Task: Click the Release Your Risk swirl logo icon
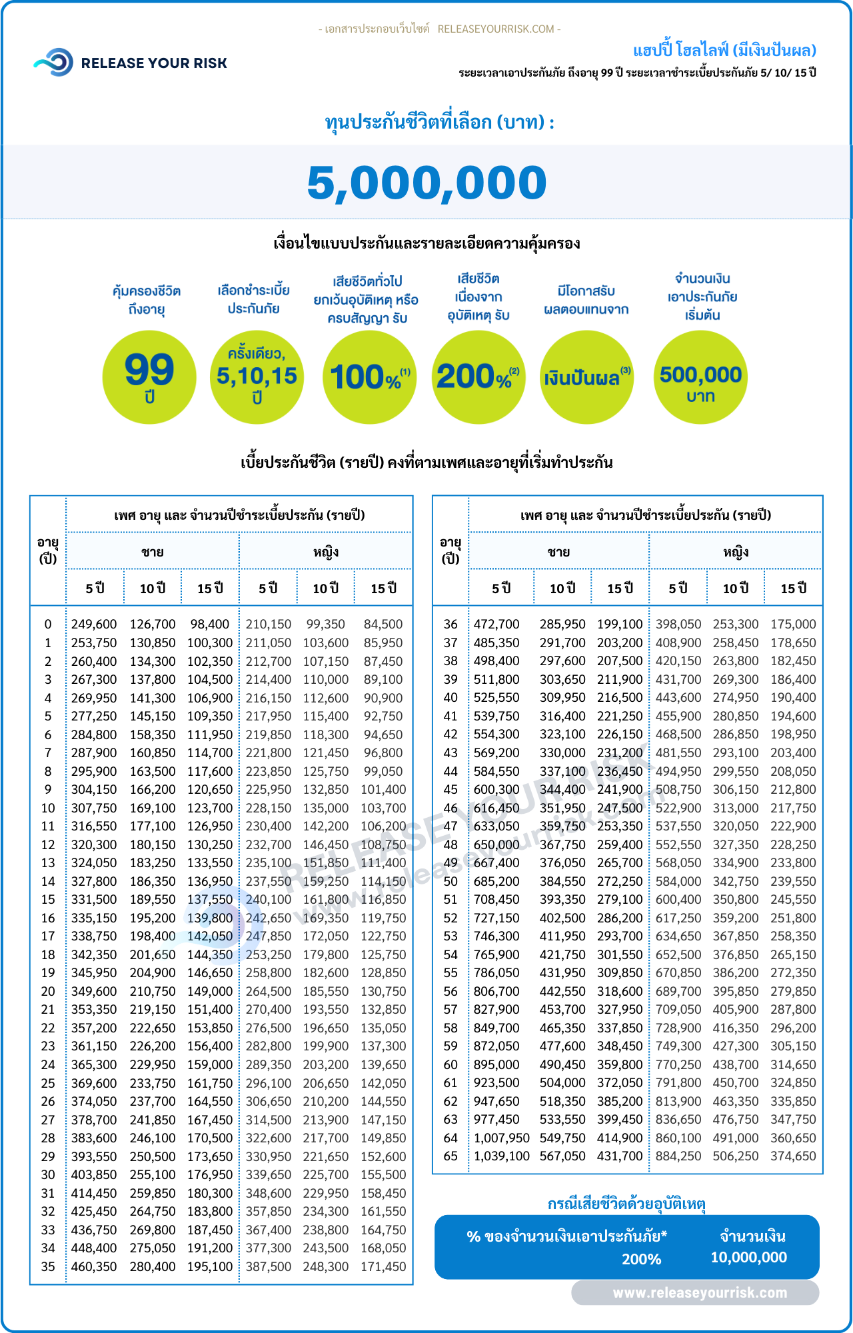pos(53,62)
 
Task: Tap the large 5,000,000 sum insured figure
pos(426,183)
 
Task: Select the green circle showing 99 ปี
pos(149,377)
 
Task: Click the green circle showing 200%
pos(478,377)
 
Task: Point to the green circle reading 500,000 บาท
pos(700,377)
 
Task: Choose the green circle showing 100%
pos(370,377)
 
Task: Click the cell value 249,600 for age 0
pos(94,625)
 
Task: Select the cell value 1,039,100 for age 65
pos(502,1156)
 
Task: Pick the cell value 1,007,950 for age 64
pos(502,1138)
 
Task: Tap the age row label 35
pos(48,1266)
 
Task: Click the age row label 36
pos(450,625)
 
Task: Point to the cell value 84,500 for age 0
pos(383,625)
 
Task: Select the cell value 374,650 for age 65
pos(793,1156)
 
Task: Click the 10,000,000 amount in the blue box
pos(749,1258)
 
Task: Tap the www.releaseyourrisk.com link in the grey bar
pos(700,1293)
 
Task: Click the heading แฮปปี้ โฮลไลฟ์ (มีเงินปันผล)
pos(724,51)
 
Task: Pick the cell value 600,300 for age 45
pos(496,789)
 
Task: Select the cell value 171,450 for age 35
pos(383,1266)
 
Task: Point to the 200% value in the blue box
pos(641,1259)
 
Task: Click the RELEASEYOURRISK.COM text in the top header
pos(496,29)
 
